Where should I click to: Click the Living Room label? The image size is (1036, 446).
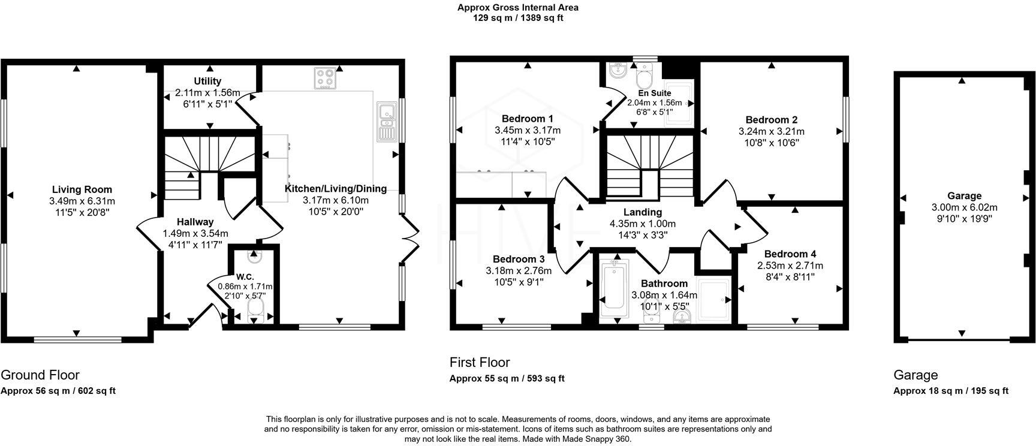click(82, 189)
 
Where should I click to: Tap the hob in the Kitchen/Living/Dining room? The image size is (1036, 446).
click(326, 79)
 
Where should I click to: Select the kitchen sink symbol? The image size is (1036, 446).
click(386, 122)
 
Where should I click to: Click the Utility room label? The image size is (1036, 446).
click(207, 81)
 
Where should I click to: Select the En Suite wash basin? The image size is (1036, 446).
click(616, 71)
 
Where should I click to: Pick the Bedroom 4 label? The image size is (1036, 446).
click(790, 254)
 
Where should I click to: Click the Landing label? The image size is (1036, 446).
click(642, 212)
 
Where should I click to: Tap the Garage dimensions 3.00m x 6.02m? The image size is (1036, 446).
click(964, 207)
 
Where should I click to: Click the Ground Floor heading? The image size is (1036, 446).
click(40, 375)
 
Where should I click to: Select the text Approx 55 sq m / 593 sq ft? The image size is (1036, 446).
click(507, 378)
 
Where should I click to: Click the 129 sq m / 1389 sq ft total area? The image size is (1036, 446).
click(518, 18)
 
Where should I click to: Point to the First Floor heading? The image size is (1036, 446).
click(480, 362)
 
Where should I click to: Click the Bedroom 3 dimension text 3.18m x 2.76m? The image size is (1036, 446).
click(519, 270)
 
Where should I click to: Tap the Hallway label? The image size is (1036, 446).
click(195, 222)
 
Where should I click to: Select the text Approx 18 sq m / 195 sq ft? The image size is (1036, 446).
click(951, 390)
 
